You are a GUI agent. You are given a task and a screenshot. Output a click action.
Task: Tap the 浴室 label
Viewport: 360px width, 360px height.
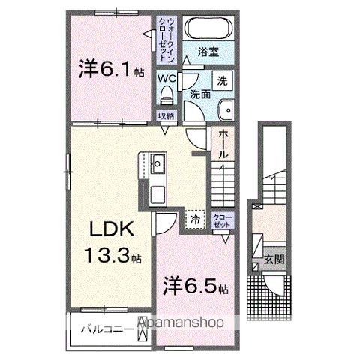tap(209, 53)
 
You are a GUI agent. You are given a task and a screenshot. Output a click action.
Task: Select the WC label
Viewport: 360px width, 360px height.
tap(166, 76)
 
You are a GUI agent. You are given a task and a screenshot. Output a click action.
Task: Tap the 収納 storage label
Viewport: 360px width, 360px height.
tap(166, 115)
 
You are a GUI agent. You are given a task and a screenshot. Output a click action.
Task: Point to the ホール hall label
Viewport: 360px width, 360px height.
tap(223, 142)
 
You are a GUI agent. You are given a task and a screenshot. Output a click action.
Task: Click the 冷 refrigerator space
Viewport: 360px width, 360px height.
tap(194, 220)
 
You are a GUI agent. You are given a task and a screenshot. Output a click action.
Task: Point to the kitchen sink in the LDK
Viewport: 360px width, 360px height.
tap(158, 162)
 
